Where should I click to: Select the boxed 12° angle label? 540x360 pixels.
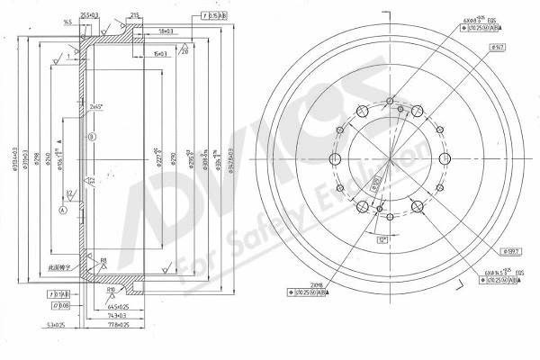(x=382, y=239)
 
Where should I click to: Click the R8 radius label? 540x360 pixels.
(x=103, y=261)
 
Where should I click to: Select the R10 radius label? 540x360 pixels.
(x=110, y=289)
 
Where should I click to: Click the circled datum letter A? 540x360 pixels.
(x=62, y=210)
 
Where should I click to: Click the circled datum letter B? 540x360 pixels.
(x=92, y=137)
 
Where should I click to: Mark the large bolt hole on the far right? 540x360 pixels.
(x=443, y=160)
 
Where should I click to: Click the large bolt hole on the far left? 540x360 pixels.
(x=336, y=160)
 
